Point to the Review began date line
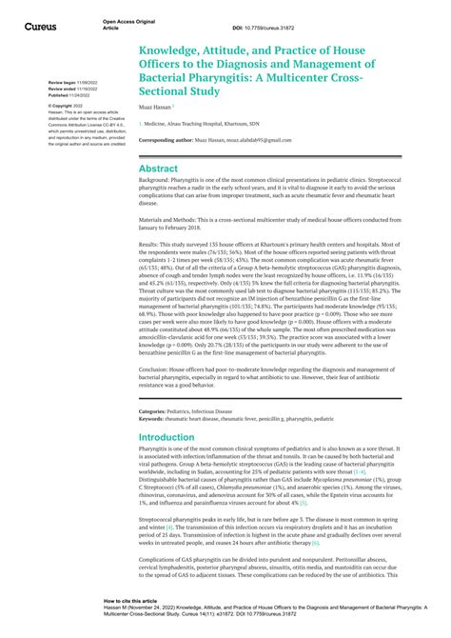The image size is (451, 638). click(x=69, y=83)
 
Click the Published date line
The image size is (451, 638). click(x=69, y=94)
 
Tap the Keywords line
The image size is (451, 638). click(x=236, y=418)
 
